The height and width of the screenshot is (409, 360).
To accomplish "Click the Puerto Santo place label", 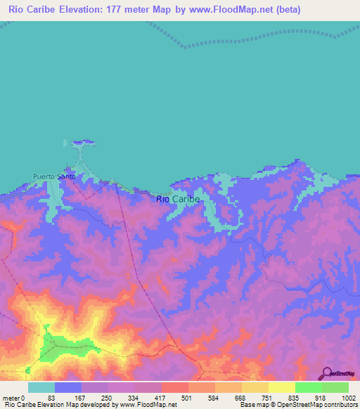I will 53,177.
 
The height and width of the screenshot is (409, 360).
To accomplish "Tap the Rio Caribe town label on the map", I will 178,199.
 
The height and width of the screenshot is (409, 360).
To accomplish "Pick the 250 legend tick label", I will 106,398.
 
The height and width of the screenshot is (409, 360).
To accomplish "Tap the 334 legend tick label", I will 134,398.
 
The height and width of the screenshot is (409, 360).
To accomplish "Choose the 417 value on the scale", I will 161,398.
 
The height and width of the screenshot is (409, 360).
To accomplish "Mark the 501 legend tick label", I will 187,398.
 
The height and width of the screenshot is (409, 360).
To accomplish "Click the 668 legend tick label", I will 241,398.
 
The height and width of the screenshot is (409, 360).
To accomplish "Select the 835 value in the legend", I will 295,398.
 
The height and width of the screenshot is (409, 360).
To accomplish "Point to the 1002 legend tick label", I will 349,398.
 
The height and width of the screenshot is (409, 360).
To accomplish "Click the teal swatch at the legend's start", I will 41,387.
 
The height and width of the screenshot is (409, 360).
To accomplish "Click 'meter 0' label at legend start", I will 13,398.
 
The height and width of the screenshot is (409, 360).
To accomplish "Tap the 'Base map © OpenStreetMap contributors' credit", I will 296,405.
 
